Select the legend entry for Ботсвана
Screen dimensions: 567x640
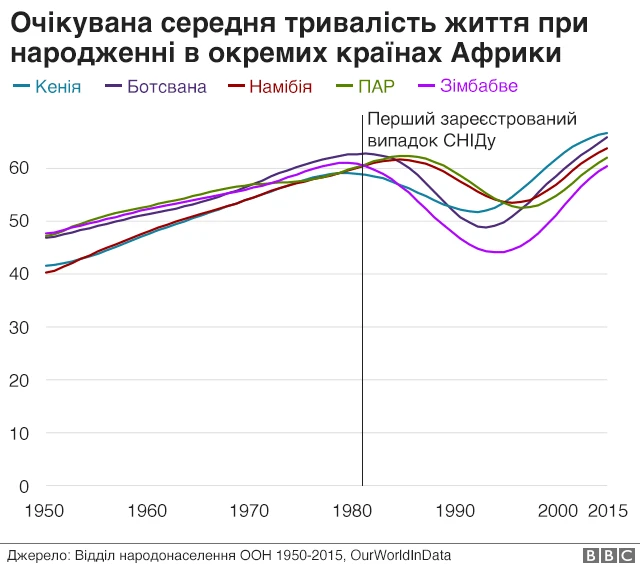click(166, 86)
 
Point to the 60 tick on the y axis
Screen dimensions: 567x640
click(19, 167)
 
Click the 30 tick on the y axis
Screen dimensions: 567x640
click(19, 327)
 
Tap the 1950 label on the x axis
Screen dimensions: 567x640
click(45, 511)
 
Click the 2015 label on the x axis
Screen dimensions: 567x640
click(606, 511)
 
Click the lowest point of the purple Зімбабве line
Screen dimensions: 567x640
click(497, 252)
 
